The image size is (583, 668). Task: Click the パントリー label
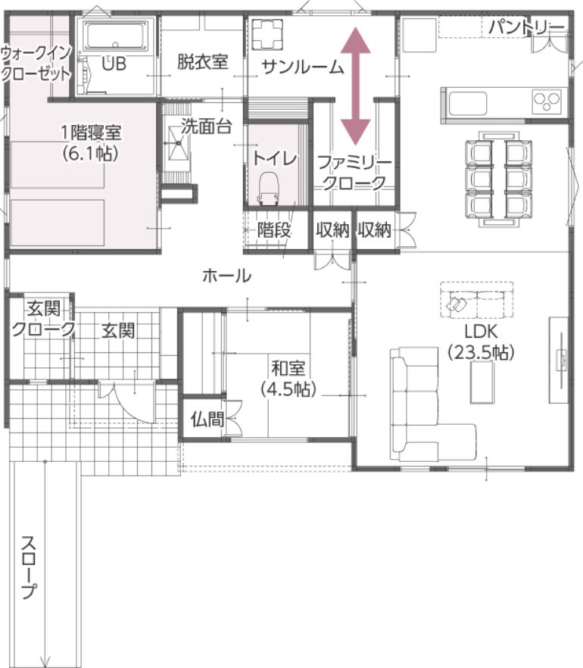pos(526,28)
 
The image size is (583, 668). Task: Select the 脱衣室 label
pos(203,62)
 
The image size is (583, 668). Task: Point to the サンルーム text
pos(303,67)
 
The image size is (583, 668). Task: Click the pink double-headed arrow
pos(356,86)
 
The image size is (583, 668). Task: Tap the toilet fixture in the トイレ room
pos(268,187)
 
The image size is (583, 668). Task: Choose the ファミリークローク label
pos(354,173)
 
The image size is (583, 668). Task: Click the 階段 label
pos(274,230)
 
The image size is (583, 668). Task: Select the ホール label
pos(227,276)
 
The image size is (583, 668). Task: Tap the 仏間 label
pos(207,420)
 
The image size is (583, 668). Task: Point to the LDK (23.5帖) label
pos(482,342)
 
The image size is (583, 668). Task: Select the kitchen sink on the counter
pos(468,104)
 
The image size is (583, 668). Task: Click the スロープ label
pos(29,567)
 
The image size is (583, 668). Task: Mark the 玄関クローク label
pos(43,319)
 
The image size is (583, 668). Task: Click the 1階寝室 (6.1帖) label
pos(91,143)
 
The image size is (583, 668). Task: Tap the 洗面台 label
pos(207,126)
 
